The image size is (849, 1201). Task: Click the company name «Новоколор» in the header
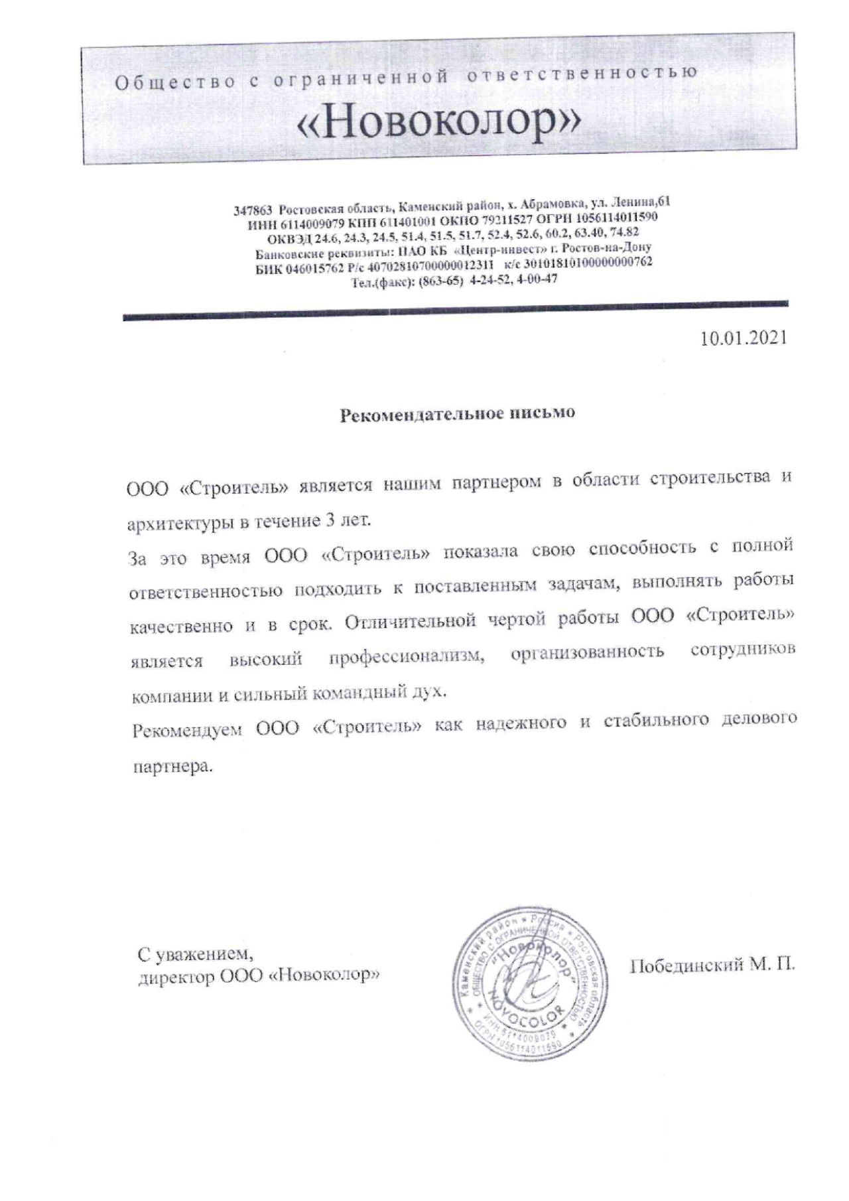pyautogui.click(x=439, y=121)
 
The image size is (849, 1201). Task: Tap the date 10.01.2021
pyautogui.click(x=744, y=337)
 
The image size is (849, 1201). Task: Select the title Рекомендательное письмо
pyautogui.click(x=457, y=413)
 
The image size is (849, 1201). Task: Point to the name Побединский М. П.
pyautogui.click(x=712, y=964)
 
